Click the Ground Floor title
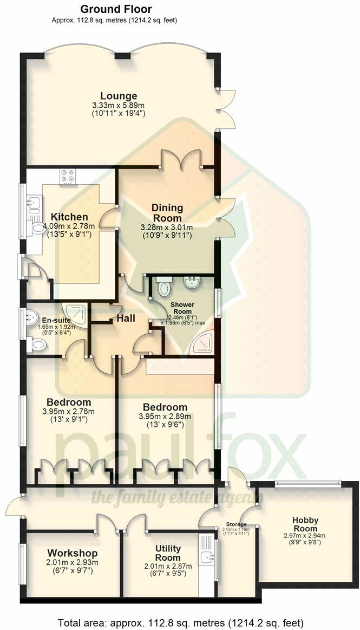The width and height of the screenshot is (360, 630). point(116,9)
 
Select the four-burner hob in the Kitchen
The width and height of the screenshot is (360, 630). point(68,177)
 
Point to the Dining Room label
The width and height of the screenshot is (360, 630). point(167,212)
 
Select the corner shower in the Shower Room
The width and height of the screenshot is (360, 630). point(204,342)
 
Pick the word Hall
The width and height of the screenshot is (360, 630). point(126,319)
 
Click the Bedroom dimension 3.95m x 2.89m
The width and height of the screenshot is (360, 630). point(165,417)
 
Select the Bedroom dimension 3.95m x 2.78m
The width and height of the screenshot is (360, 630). point(68,412)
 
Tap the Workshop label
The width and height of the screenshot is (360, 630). point(72,553)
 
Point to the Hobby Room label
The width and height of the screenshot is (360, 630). point(306,524)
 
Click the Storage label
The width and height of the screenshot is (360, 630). point(237,524)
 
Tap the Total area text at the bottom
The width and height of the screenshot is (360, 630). point(180,622)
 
